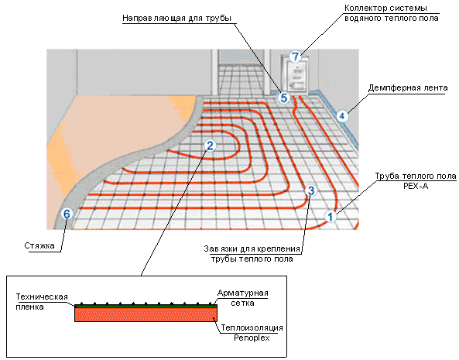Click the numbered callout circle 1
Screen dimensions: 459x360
pyautogui.click(x=331, y=217)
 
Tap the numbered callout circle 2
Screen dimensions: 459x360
pyautogui.click(x=210, y=146)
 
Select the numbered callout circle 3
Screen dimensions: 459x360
pyautogui.click(x=311, y=190)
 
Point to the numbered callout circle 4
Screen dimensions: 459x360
pyautogui.click(x=342, y=116)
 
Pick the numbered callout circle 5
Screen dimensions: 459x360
pyautogui.click(x=284, y=98)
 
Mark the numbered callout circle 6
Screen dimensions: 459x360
pyautogui.click(x=67, y=214)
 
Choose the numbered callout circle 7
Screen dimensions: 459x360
pyautogui.click(x=295, y=57)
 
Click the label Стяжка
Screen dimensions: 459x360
pyautogui.click(x=39, y=245)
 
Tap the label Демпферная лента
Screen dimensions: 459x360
pyautogui.click(x=408, y=87)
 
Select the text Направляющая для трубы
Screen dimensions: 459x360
pyautogui.click(x=176, y=18)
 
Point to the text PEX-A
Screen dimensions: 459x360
pyautogui.click(x=416, y=186)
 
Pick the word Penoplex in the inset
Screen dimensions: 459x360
pyautogui.click(x=252, y=338)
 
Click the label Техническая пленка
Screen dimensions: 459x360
pyautogui.click(x=42, y=302)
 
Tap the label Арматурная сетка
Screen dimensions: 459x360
pyautogui.click(x=243, y=298)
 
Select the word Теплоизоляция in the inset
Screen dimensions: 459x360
pyautogui.click(x=252, y=327)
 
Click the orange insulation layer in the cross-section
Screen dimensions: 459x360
pyautogui.click(x=146, y=315)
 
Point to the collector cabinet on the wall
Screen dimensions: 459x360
pyautogui.click(x=295, y=74)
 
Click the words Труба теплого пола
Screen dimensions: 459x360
pyautogui.click(x=416, y=177)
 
